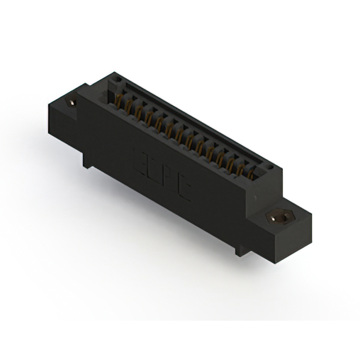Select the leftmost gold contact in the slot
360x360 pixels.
[119, 101]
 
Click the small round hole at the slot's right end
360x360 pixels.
[271, 167]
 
